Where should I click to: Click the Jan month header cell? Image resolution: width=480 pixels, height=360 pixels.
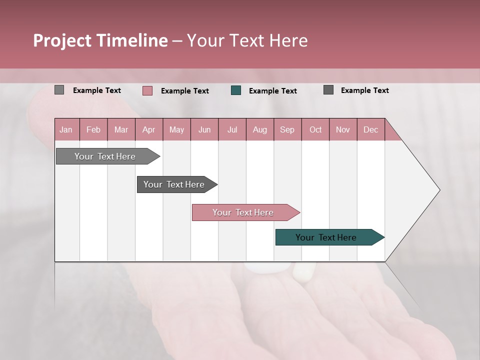pos(66,129)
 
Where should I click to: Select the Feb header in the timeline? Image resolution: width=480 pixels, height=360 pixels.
pos(93,129)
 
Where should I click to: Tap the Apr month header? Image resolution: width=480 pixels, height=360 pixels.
pos(149,129)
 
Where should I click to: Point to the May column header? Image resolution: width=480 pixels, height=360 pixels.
pos(176,129)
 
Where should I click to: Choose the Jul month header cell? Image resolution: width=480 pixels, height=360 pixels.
pos(232,129)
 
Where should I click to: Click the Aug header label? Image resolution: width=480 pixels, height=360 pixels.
pos(260,129)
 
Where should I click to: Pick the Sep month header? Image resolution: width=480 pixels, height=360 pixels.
pos(287,129)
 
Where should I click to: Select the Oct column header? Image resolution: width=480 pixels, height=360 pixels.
pos(315,129)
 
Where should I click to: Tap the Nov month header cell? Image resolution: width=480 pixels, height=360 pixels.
pos(343,129)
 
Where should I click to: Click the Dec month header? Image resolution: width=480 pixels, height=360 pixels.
pos(371,129)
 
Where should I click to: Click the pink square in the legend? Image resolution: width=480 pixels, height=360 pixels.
pos(147,90)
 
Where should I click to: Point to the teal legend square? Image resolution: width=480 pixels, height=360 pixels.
pos(236,90)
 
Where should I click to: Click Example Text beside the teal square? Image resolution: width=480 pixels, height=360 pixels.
pos(273,91)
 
